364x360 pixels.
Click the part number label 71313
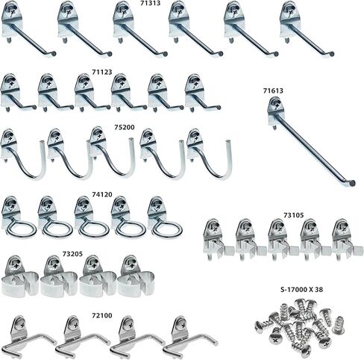click(x=151, y=4)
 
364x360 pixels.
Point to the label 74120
click(x=102, y=193)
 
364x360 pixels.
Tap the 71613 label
click(x=272, y=90)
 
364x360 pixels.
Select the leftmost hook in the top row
click(x=27, y=31)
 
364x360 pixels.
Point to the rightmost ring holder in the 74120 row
click(x=160, y=217)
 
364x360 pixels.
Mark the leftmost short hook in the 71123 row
click(x=16, y=93)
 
